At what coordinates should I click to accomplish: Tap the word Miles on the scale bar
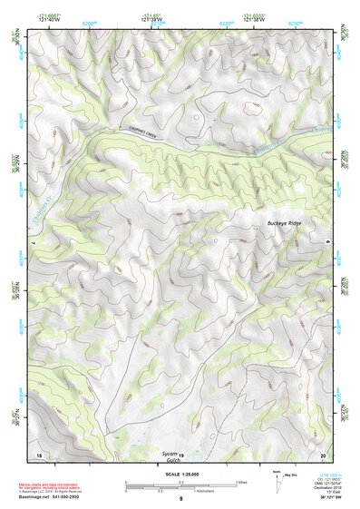click(x=240, y=482)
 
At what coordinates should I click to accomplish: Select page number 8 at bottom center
click(x=180, y=498)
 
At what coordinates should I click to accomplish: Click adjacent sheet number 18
click(x=38, y=454)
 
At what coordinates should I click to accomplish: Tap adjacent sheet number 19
click(x=180, y=454)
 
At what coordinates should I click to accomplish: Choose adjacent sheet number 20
click(x=323, y=454)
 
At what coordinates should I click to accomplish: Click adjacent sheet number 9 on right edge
click(x=327, y=242)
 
